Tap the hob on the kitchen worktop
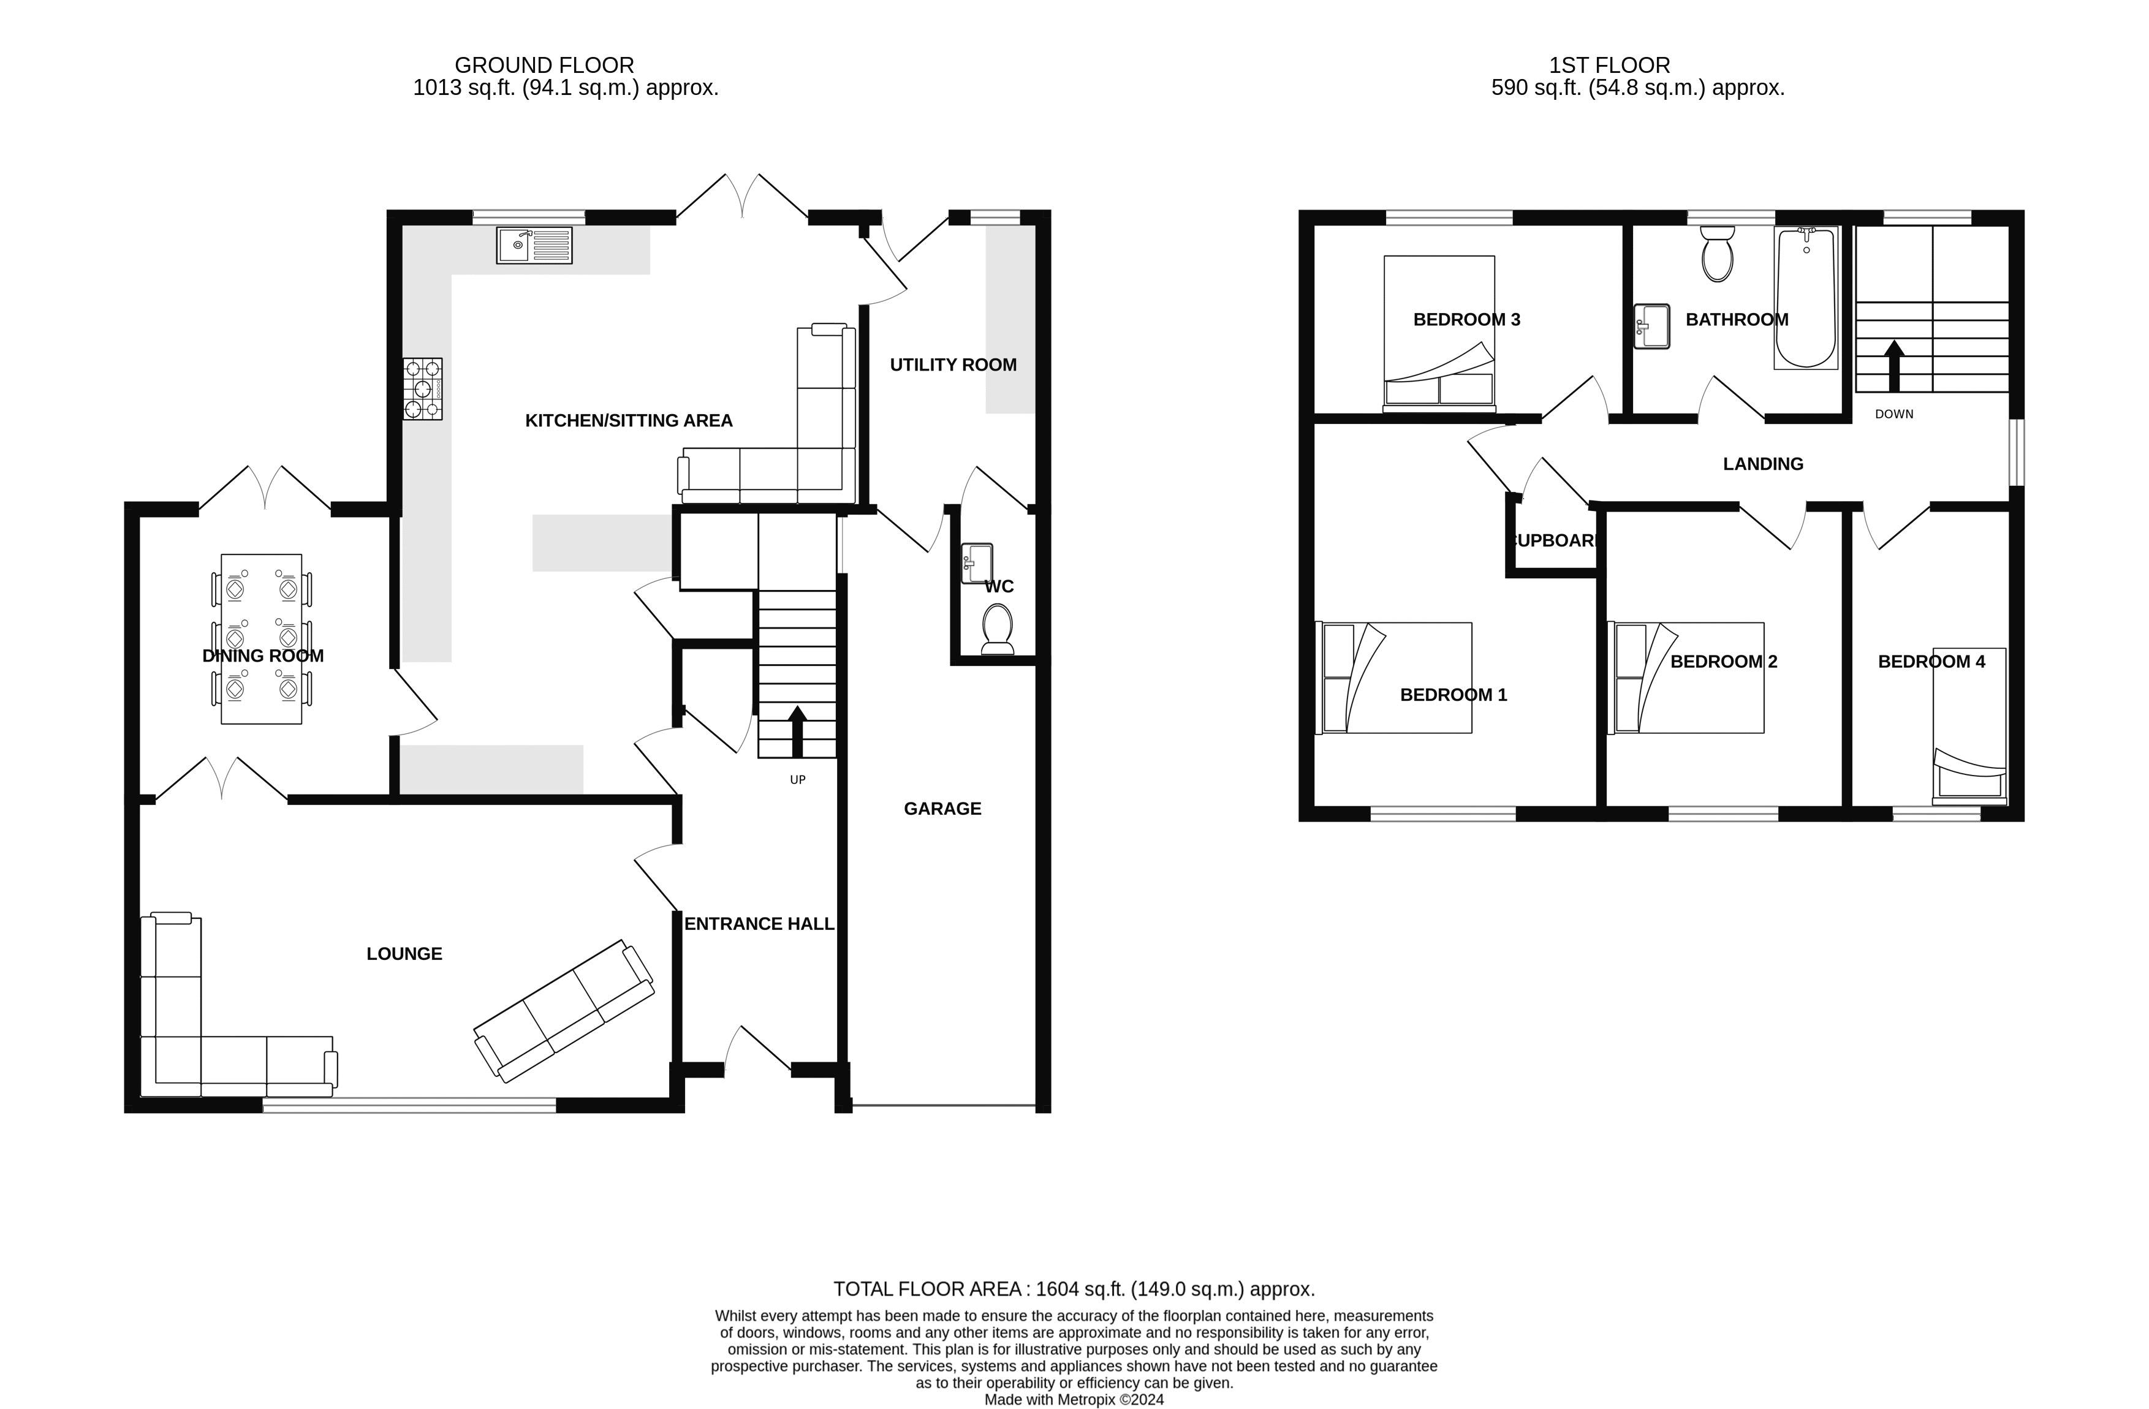423,389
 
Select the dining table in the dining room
262,638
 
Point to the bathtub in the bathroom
1806,297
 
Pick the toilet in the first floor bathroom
1718,254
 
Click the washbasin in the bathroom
1653,326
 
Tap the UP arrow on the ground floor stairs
797,731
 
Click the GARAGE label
942,809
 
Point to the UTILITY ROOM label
953,365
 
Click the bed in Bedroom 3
1439,334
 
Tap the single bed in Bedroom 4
1969,726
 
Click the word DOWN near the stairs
1894,414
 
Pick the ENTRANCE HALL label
759,923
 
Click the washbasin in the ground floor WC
977,563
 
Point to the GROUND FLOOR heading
545,65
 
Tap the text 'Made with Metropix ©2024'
1074,1400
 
